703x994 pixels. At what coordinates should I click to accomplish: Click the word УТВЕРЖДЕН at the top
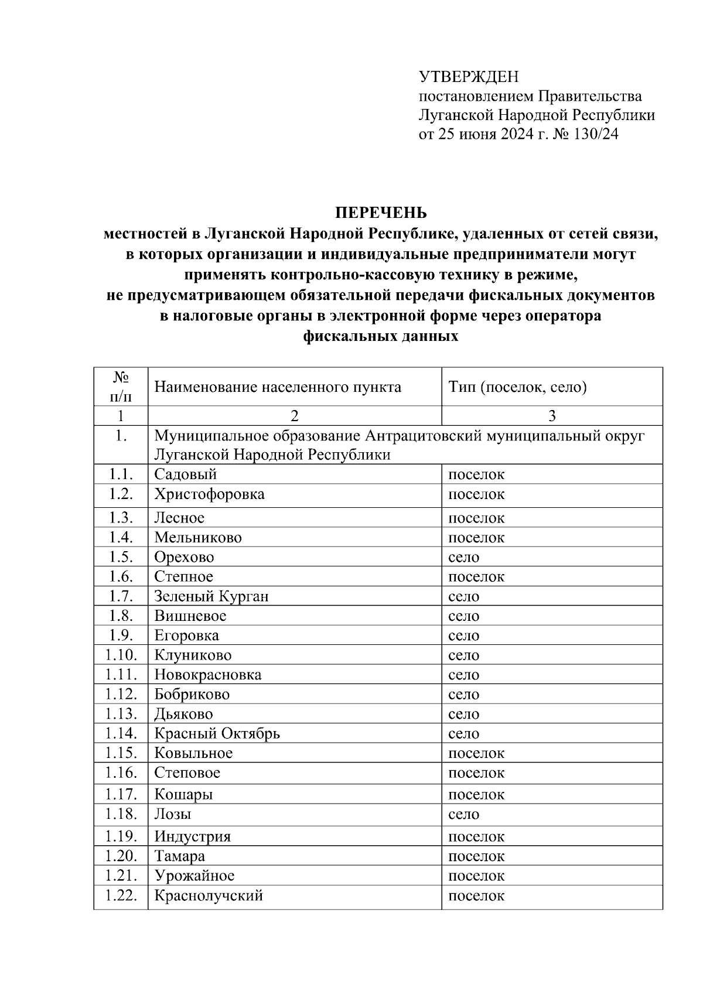[x=469, y=77]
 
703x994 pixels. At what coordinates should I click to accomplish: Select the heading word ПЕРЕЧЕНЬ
[x=381, y=212]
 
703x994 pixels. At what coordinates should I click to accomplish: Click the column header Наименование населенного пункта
[x=278, y=387]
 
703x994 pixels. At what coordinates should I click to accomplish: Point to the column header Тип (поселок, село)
[x=517, y=387]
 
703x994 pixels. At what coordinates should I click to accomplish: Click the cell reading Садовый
[x=185, y=474]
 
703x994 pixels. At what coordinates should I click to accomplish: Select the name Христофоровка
[x=209, y=494]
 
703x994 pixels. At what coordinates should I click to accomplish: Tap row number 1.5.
[x=121, y=557]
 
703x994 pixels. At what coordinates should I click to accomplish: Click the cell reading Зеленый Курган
[x=211, y=596]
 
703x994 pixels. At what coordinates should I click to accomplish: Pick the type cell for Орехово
[x=463, y=557]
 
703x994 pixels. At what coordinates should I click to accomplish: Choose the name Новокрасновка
[x=207, y=675]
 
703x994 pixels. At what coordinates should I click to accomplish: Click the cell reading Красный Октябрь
[x=217, y=733]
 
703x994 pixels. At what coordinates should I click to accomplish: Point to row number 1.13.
[x=121, y=714]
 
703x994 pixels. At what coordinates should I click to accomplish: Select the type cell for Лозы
[x=463, y=814]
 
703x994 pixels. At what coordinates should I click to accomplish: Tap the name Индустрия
[x=192, y=836]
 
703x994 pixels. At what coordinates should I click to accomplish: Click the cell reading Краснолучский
[x=208, y=896]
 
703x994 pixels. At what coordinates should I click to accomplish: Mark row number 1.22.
[x=121, y=896]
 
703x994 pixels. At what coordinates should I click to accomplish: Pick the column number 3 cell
[x=551, y=416]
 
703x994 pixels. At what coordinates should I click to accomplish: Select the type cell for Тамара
[x=476, y=856]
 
